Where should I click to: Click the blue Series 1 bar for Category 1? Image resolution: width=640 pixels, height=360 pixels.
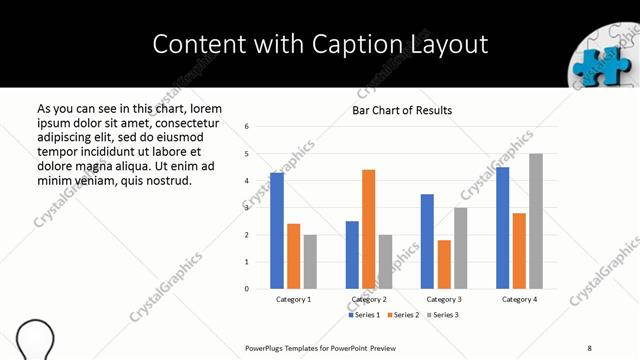pos(277,231)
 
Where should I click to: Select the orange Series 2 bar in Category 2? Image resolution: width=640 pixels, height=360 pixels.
pos(368,229)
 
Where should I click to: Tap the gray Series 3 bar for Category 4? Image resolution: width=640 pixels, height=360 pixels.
pos(536,221)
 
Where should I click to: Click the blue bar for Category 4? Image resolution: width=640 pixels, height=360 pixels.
pos(502,228)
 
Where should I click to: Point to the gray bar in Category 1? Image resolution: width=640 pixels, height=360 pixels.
pos(310,262)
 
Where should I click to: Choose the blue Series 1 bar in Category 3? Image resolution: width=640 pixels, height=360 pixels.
pos(427,241)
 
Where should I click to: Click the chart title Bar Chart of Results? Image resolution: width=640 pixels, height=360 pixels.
pos(402,110)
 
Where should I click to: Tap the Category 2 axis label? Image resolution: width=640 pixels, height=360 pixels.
pos(369,299)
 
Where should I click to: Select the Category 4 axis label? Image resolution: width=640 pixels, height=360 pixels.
pos(519,299)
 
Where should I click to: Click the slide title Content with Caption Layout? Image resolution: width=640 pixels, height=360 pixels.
pos(320,44)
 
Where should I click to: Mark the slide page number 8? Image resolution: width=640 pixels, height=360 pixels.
pos(590,347)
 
